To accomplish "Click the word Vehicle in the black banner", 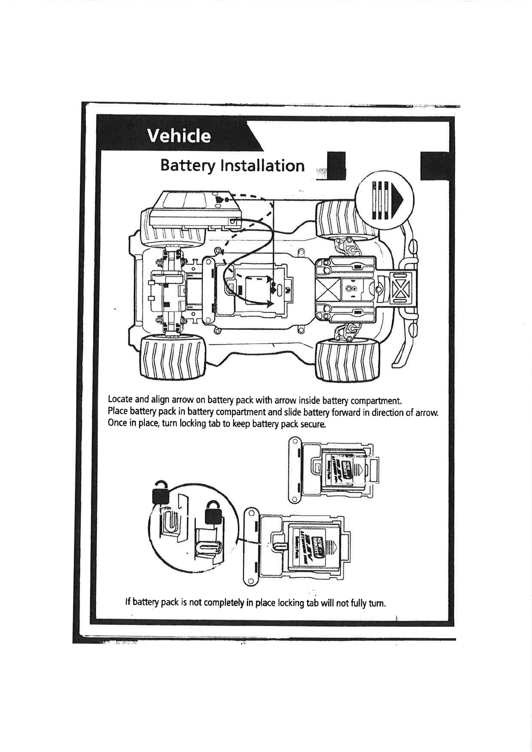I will (180, 136).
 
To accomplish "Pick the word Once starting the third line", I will (117, 423).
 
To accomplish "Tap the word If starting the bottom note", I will (128, 603).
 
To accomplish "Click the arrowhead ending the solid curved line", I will (270, 303).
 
